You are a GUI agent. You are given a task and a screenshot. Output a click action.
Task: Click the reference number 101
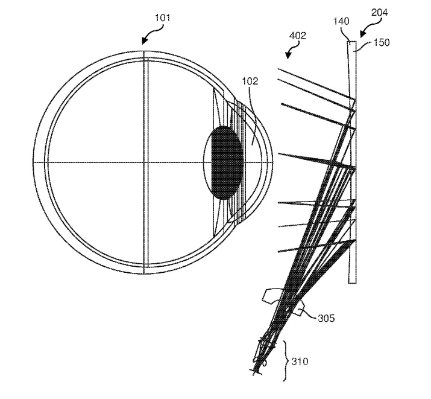(163, 18)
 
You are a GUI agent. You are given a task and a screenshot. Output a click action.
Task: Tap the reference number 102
(250, 81)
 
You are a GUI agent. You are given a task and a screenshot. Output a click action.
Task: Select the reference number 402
(298, 36)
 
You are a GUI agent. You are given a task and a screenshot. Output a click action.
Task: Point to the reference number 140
(341, 21)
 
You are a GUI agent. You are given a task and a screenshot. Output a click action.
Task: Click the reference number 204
(379, 13)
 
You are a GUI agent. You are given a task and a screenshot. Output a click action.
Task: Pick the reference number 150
(381, 43)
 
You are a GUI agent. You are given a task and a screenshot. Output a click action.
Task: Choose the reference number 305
(326, 318)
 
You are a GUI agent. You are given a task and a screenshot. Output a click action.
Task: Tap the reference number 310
(300, 362)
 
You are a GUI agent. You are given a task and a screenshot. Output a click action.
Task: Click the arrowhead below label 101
(144, 41)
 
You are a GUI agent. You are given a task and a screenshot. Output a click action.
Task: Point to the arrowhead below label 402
(288, 56)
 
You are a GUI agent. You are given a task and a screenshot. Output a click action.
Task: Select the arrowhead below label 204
(362, 34)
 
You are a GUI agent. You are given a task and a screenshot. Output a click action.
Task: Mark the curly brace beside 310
(285, 361)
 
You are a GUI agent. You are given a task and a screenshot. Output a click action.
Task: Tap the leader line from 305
(309, 314)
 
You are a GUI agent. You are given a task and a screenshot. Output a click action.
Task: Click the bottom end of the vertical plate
(353, 282)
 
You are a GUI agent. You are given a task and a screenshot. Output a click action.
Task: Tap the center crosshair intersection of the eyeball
(144, 162)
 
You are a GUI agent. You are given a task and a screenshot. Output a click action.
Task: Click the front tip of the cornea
(273, 162)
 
